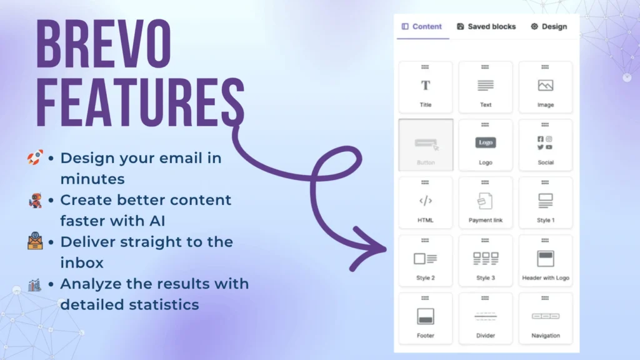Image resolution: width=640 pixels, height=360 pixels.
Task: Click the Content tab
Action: point(422,26)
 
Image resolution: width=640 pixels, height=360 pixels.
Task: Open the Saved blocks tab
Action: point(486,26)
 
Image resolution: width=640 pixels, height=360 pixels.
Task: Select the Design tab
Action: point(549,26)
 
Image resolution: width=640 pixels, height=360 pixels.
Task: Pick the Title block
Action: point(425,87)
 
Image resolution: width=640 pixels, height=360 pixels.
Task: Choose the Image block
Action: point(545,87)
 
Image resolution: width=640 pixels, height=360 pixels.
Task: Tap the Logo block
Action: point(485,145)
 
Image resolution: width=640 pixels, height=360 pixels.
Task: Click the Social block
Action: point(545,145)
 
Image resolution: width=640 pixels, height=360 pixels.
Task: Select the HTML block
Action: point(425,203)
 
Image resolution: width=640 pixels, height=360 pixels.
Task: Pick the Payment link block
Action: point(485,203)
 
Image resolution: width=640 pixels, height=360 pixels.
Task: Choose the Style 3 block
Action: point(485,261)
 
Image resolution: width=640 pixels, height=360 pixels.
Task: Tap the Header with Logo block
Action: point(545,261)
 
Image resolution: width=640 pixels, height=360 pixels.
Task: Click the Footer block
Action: point(425,318)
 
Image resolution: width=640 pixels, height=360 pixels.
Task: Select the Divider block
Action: point(485,318)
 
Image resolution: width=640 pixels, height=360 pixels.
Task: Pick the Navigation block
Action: point(545,318)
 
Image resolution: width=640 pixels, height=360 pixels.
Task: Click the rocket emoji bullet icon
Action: point(35,157)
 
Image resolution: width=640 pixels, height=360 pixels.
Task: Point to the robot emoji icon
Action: point(36,201)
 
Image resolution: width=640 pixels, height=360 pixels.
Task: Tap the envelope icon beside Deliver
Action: point(35,241)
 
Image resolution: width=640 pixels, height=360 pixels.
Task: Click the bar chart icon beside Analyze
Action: point(35,285)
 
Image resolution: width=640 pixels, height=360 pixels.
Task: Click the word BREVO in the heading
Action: point(104,44)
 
